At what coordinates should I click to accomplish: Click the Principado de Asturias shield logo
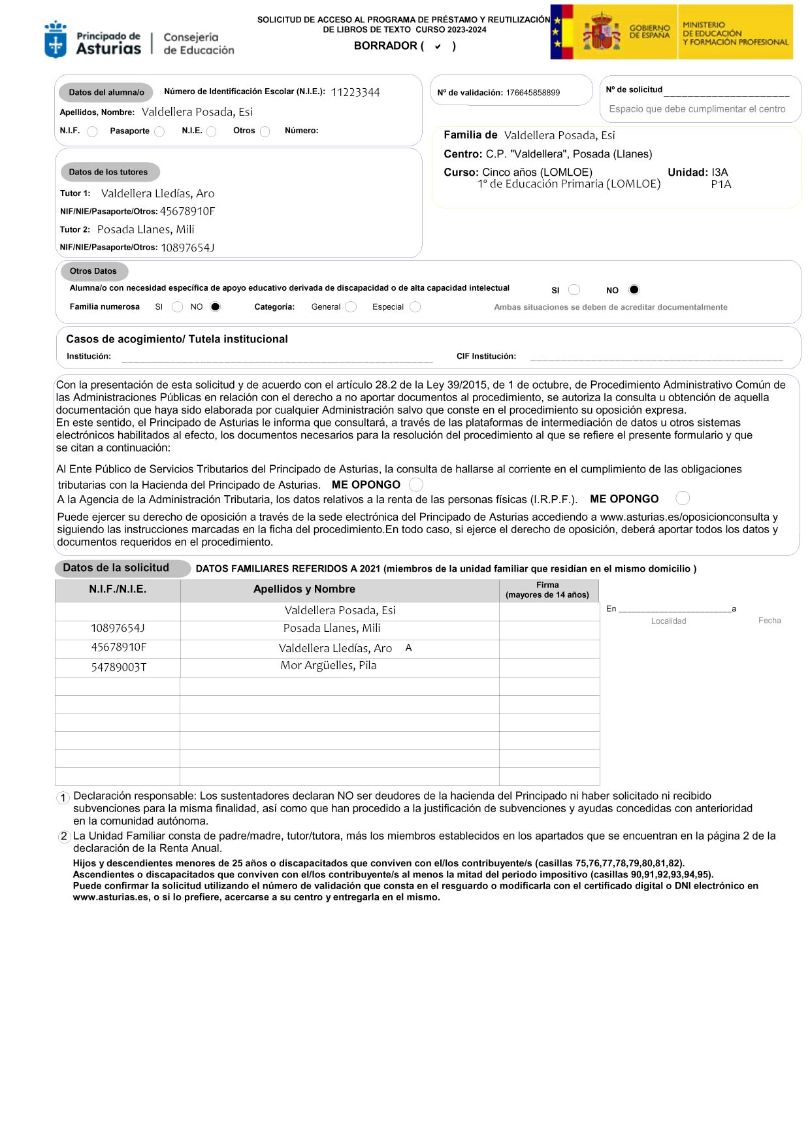coord(56,40)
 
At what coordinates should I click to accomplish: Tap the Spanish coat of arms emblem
coord(602,32)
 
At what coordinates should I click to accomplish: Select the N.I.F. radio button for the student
coord(92,131)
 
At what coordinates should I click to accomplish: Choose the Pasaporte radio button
coord(159,131)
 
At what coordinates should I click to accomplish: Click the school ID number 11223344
coord(355,92)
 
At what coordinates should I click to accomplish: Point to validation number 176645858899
coord(532,93)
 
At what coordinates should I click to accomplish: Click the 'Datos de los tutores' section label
coord(108,172)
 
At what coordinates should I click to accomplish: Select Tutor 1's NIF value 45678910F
coord(187,211)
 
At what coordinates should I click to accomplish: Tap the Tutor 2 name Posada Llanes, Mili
coord(146,229)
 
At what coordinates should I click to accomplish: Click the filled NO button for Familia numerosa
coord(216,306)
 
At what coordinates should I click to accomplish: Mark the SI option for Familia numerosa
coord(177,306)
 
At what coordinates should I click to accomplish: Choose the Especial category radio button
coord(415,306)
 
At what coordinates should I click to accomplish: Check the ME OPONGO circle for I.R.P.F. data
coord(683,499)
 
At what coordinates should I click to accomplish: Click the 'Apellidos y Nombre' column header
coord(304,589)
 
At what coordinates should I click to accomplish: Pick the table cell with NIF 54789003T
coord(119,667)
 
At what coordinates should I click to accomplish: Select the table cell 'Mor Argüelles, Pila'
coord(329,665)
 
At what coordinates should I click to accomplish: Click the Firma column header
coord(547,590)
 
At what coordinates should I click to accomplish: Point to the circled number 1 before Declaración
coord(63,798)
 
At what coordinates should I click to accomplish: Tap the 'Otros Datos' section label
coord(93,271)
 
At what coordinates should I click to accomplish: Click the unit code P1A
coord(721,184)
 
